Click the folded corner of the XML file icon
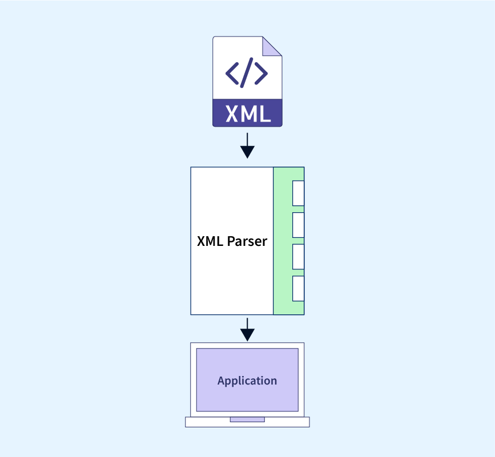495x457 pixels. [272, 46]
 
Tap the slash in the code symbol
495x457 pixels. [247, 72]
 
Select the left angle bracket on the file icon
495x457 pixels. [232, 74]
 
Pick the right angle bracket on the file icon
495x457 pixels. [261, 74]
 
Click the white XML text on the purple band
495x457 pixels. [248, 114]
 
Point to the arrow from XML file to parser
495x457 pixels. [248, 145]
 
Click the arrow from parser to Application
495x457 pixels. [248, 330]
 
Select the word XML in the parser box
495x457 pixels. [210, 241]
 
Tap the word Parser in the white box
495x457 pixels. [247, 241]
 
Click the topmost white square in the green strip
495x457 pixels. [299, 193]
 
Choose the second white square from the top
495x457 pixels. [299, 225]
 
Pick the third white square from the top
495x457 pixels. [299, 257]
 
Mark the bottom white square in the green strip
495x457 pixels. [299, 289]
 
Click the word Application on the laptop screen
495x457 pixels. [247, 381]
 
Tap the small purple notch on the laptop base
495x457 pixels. [248, 419]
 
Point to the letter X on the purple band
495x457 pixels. [232, 114]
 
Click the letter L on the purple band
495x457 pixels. [265, 114]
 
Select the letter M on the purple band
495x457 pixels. [249, 114]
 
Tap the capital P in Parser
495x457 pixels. [231, 241]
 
